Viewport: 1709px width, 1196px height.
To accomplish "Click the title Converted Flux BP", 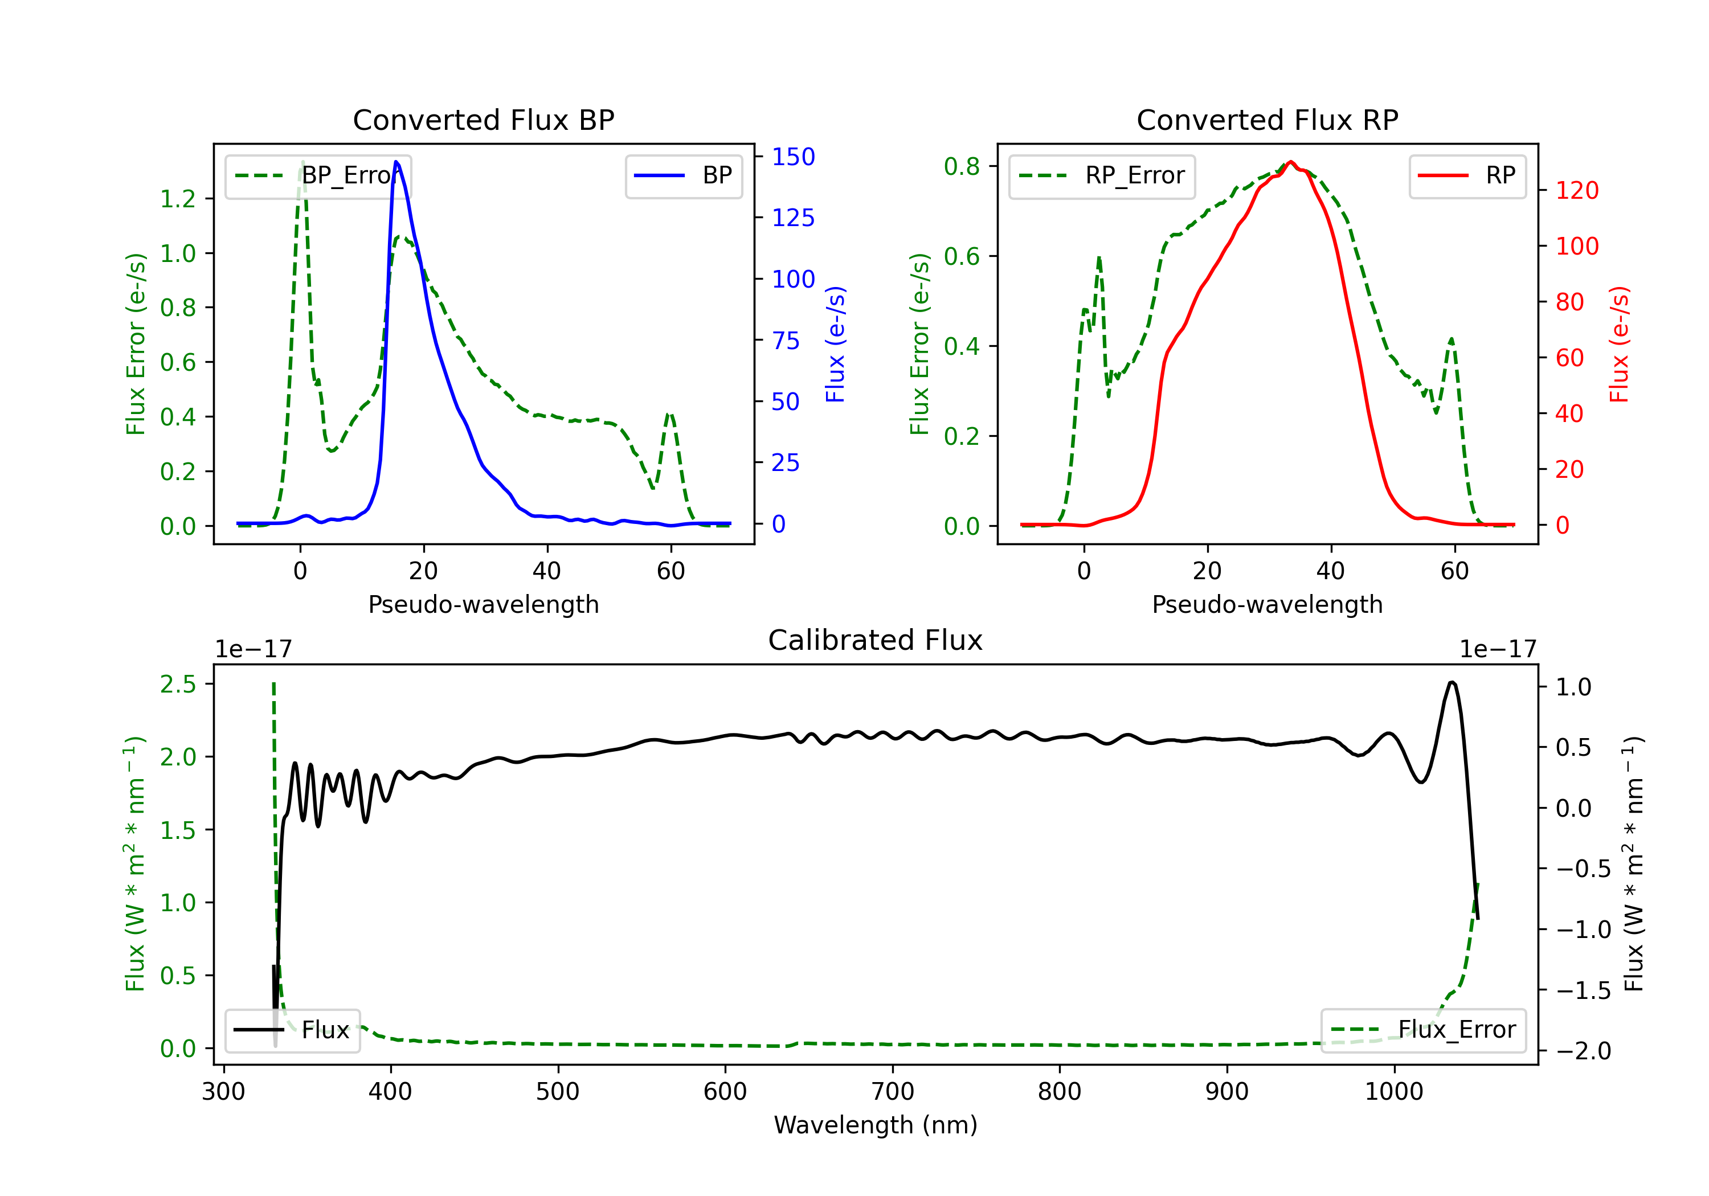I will [x=483, y=120].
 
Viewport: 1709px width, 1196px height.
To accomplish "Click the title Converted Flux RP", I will [x=1267, y=120].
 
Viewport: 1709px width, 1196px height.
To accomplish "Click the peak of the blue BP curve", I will [x=396, y=162].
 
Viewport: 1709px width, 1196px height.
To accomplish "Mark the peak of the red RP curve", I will [x=1291, y=162].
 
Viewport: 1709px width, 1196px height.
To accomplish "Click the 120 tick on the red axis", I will [x=1576, y=191].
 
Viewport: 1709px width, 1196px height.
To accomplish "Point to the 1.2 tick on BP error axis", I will [x=178, y=199].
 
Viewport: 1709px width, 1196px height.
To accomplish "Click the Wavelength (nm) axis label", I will [x=876, y=1125].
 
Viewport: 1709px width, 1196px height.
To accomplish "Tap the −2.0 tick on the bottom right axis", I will [x=1583, y=1051].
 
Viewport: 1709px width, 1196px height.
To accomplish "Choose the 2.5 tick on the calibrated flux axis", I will [x=178, y=684].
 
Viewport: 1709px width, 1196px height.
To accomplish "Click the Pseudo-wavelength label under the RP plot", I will [x=1267, y=604].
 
